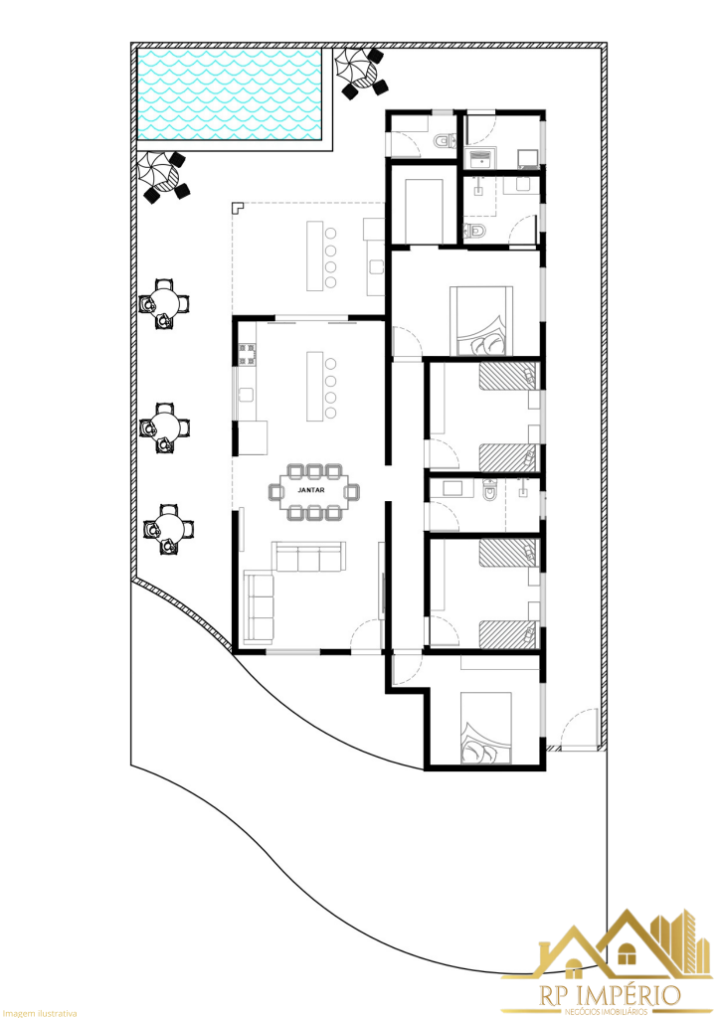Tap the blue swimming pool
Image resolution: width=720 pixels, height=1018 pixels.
(x=232, y=95)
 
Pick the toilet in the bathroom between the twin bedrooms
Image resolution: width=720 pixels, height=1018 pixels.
(x=489, y=491)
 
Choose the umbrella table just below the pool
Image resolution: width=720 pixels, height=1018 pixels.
(x=160, y=175)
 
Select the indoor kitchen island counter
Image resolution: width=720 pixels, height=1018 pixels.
(x=316, y=385)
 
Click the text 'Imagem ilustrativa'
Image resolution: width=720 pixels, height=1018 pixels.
(x=39, y=1012)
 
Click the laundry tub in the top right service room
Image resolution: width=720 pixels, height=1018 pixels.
(x=483, y=158)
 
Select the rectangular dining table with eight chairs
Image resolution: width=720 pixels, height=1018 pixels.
(x=312, y=491)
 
